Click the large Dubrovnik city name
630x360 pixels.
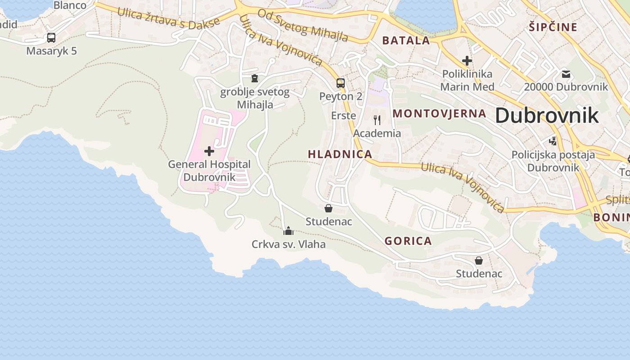coord(547,116)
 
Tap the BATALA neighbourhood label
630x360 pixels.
coord(406,40)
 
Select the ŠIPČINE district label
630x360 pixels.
coord(553,27)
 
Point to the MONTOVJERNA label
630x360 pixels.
coord(440,113)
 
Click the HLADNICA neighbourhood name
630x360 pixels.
coord(340,154)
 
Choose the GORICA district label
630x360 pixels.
coord(408,241)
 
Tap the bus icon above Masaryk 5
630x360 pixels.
coord(51,38)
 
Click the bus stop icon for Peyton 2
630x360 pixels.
coord(341,83)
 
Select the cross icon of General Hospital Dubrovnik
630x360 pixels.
coord(209,151)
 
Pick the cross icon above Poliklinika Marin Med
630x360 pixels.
coord(467,60)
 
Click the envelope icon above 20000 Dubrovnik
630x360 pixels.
coord(566,74)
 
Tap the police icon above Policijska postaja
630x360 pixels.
coord(553,141)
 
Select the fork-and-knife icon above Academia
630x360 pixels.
coord(377,120)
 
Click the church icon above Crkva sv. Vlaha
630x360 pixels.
coord(288,231)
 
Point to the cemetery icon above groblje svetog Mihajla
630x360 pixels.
coord(255,79)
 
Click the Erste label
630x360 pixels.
coord(343,116)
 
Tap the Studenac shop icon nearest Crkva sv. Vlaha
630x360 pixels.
coord(328,208)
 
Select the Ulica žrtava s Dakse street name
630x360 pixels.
coord(168,18)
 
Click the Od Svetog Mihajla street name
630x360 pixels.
coord(302,25)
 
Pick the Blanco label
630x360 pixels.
coord(70,5)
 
